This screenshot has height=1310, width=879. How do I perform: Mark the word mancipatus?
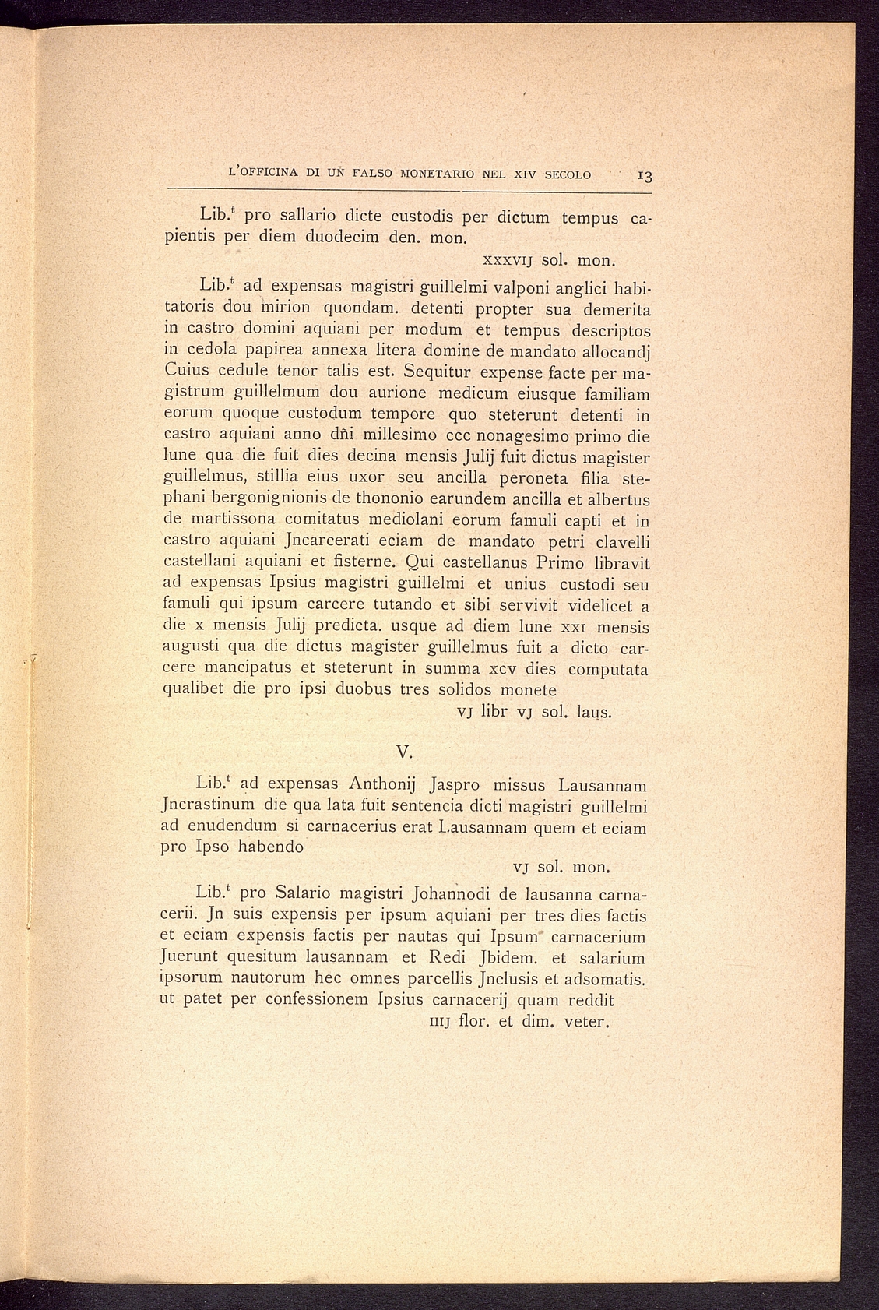pos(245,668)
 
